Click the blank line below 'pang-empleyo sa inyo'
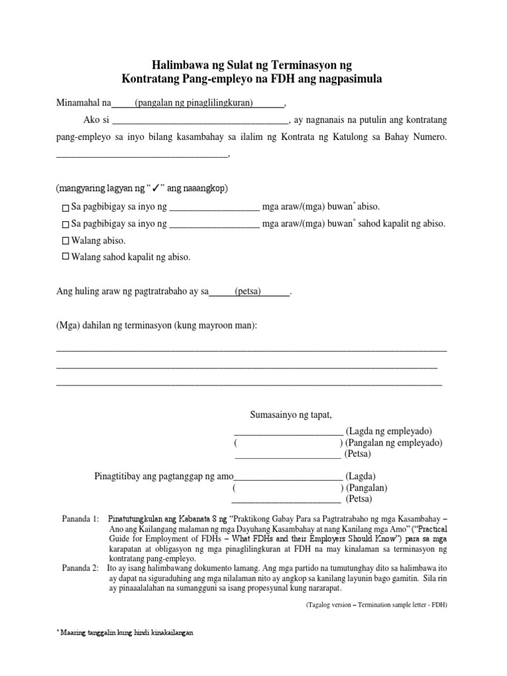[142, 154]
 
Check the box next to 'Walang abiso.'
[65, 240]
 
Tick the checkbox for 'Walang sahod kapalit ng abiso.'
[65, 257]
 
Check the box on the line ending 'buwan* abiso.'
[65, 207]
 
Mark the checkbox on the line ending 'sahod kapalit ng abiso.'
[65, 224]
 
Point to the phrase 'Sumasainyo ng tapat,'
[290, 415]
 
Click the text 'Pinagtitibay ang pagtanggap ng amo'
[164, 476]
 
